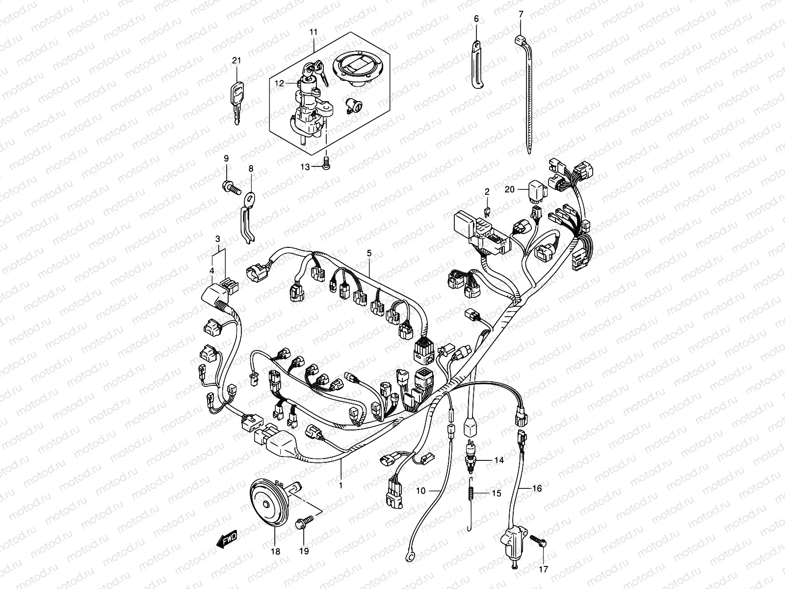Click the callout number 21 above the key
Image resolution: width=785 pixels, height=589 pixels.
pyautogui.click(x=237, y=60)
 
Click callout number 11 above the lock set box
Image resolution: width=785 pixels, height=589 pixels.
pyautogui.click(x=314, y=32)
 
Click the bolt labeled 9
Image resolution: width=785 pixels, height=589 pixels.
pyautogui.click(x=230, y=187)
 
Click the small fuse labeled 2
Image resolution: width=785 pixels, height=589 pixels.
pyautogui.click(x=487, y=213)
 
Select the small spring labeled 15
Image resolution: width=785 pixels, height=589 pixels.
pyautogui.click(x=471, y=492)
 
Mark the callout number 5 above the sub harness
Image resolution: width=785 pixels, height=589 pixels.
pyautogui.click(x=369, y=253)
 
